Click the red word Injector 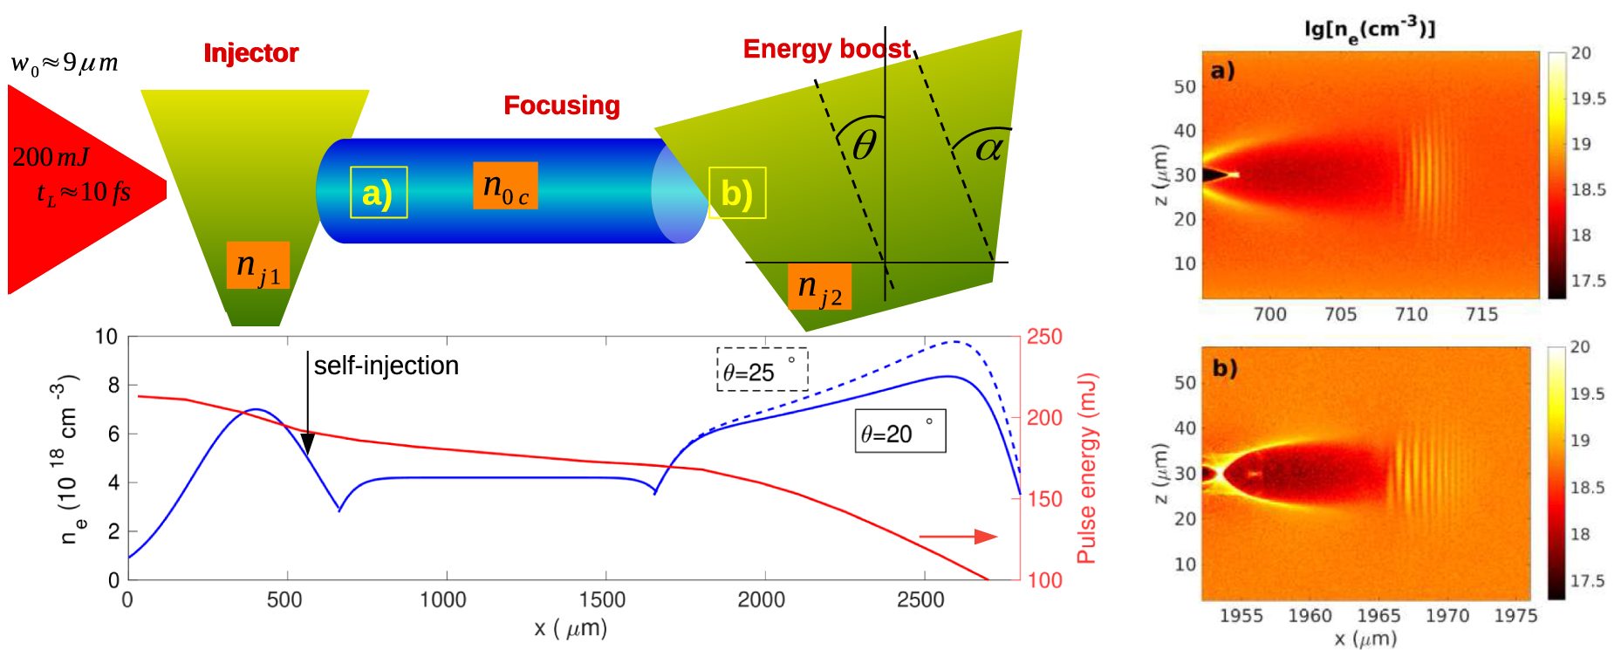tap(250, 53)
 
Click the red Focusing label tap(561, 106)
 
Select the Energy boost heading tap(825, 49)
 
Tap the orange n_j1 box tap(257, 265)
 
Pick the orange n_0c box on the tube tap(505, 186)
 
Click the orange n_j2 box tap(819, 286)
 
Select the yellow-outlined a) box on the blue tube tap(378, 192)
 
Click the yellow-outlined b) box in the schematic tap(737, 193)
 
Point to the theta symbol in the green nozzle tap(864, 146)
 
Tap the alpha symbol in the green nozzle tap(988, 148)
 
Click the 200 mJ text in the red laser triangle tap(51, 157)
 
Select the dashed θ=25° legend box tap(762, 370)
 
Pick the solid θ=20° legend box tap(899, 431)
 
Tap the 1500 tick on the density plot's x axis tap(603, 600)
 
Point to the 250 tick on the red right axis tap(1044, 337)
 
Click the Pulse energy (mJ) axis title tap(1085, 469)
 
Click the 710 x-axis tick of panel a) tap(1411, 314)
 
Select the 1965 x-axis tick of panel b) tap(1378, 616)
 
